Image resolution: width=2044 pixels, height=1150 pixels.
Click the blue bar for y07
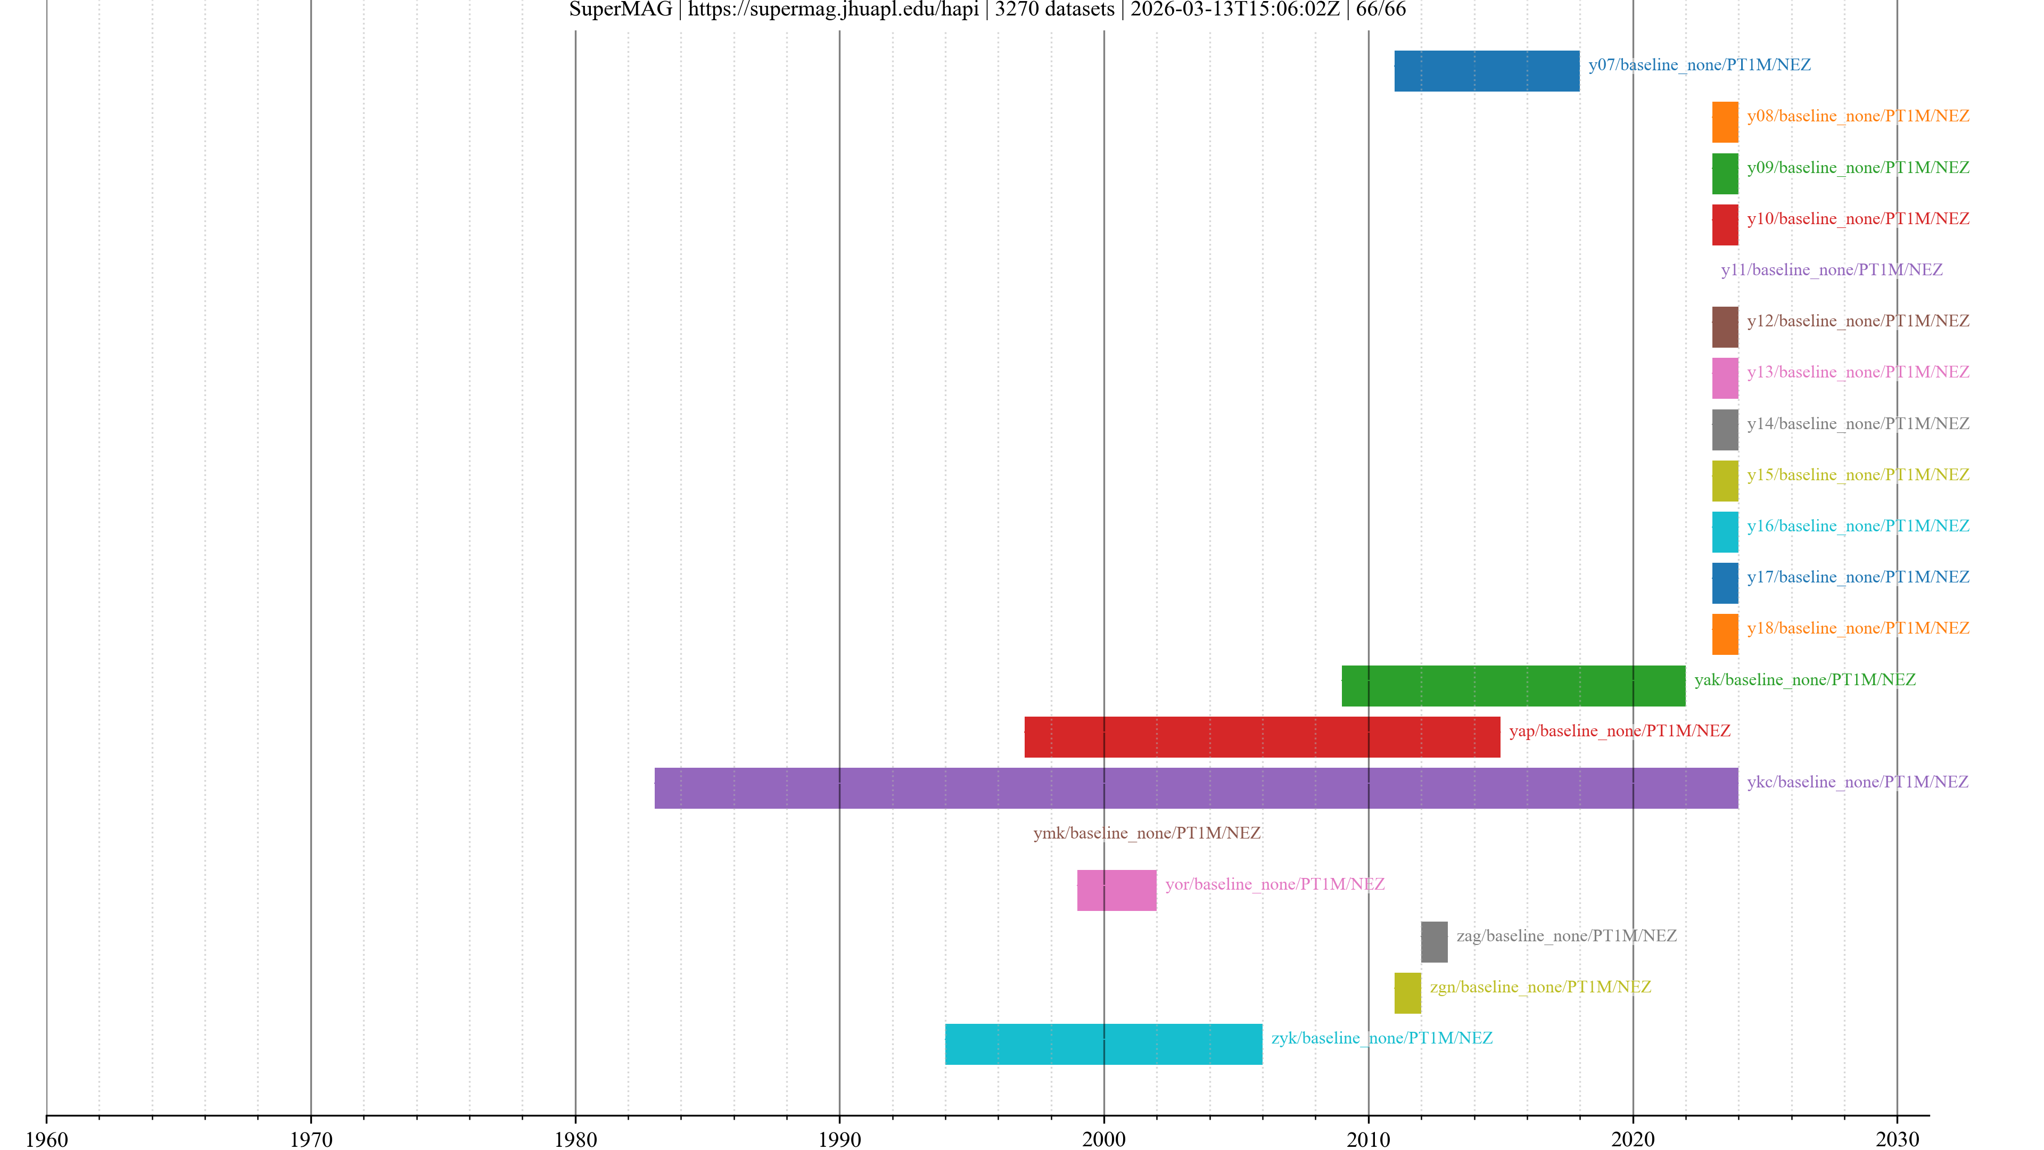(x=1486, y=71)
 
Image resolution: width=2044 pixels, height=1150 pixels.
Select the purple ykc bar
(x=1196, y=788)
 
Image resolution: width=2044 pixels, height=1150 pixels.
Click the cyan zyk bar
(x=1103, y=1045)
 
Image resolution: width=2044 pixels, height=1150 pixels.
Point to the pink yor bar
(x=1116, y=891)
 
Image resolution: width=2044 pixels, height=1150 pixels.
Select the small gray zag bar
(x=1434, y=942)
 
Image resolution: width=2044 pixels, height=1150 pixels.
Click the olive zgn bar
(x=1407, y=993)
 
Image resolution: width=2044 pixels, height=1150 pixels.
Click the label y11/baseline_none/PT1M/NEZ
(x=1831, y=270)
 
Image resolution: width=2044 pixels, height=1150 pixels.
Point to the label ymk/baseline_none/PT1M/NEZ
(x=1147, y=833)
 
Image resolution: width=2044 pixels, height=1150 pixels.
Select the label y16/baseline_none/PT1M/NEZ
(x=1858, y=526)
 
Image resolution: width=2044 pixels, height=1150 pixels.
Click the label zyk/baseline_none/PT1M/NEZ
(x=1381, y=1038)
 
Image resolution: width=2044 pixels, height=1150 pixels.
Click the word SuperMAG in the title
(x=621, y=10)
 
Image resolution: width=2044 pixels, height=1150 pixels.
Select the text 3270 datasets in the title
(x=1054, y=10)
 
